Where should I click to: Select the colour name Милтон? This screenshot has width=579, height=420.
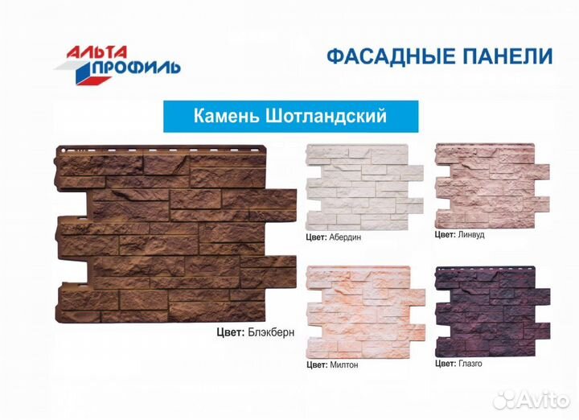[343, 364]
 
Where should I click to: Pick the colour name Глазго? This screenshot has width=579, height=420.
[470, 364]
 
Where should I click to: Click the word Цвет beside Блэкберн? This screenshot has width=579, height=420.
[229, 331]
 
